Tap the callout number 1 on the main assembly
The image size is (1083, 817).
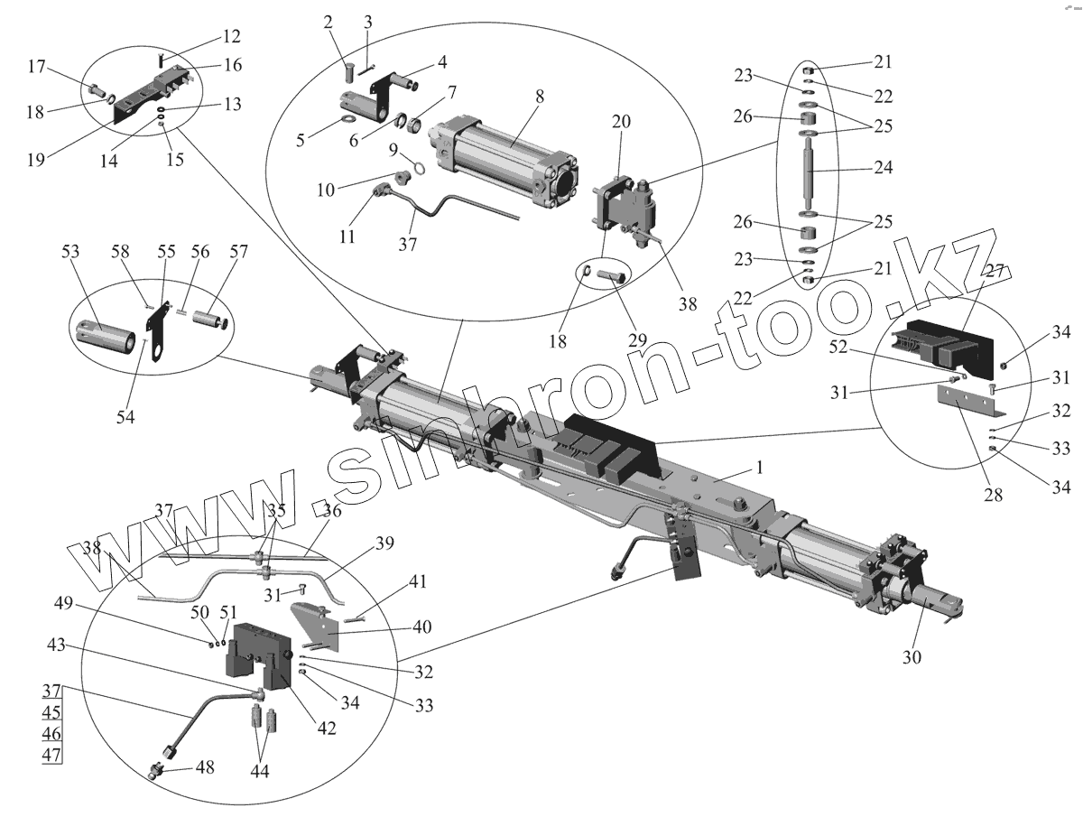(760, 468)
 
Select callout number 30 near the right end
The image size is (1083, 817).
(912, 657)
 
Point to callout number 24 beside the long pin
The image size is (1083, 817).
(882, 167)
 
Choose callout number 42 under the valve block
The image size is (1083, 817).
(326, 728)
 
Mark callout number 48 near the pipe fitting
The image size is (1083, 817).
(205, 767)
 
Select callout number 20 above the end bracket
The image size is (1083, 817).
(620, 122)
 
